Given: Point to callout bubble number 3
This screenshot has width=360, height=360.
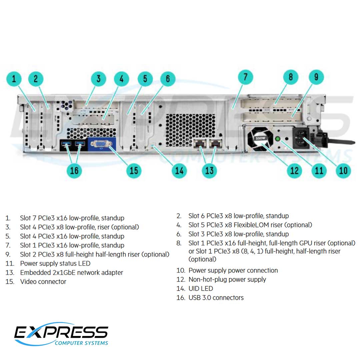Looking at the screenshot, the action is (99, 79).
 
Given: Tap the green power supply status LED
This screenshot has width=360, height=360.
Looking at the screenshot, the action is (277, 139).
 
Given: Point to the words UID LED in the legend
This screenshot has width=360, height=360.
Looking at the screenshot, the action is (201, 289).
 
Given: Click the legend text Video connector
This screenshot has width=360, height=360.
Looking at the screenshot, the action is (43, 282).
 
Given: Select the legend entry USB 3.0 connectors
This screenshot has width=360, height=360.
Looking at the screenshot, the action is (216, 298).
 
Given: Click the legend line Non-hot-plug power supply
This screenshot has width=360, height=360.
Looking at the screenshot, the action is (227, 280).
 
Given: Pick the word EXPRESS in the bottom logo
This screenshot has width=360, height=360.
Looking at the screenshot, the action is (61, 332).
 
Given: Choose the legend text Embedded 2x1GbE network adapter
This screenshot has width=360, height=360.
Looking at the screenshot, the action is (72, 273).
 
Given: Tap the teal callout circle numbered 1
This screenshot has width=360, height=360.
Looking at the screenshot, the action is (14, 79).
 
